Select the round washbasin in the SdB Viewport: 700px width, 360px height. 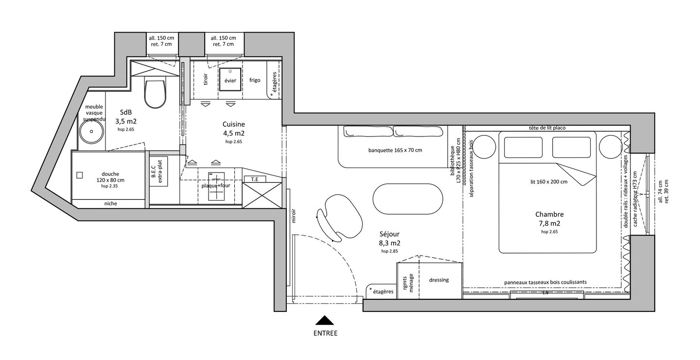90,131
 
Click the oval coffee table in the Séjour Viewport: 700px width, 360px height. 408,198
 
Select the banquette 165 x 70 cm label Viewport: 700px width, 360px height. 395,150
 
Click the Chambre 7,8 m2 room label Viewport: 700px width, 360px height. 549,218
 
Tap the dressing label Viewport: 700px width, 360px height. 439,280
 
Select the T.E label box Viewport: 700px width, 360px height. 254,179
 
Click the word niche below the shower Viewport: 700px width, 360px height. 110,204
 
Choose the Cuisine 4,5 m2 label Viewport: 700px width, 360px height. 233,129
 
